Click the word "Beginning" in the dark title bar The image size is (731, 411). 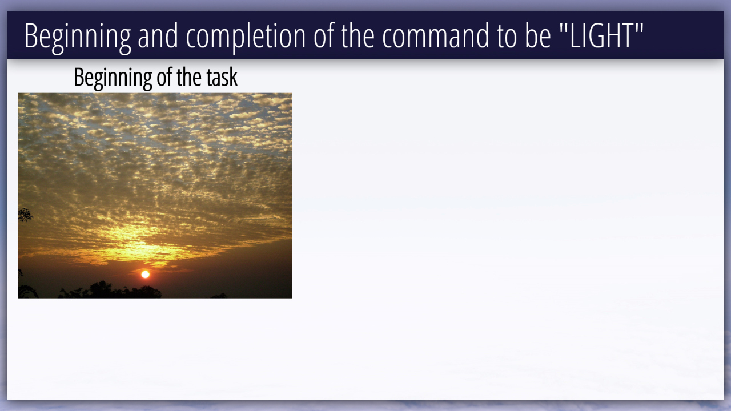(x=78, y=36)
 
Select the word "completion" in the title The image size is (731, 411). (x=246, y=36)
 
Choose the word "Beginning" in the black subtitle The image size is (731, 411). (x=113, y=78)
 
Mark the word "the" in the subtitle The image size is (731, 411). (x=189, y=78)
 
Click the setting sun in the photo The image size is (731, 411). (x=145, y=275)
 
